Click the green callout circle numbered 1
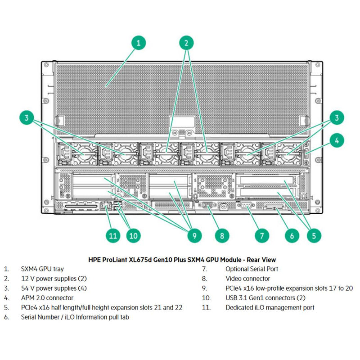138,43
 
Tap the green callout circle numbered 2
186,43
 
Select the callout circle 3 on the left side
27,118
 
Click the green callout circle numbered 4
336,140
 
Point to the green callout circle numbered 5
314,234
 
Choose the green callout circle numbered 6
292,234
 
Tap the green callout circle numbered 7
262,234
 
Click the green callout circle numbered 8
222,234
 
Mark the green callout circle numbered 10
132,234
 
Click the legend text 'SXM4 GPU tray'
42,269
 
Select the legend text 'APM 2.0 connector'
47,298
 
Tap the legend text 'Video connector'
248,279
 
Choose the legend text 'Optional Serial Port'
252,269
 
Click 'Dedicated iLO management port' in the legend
270,307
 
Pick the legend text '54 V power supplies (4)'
54,288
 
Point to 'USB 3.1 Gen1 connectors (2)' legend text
266,298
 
